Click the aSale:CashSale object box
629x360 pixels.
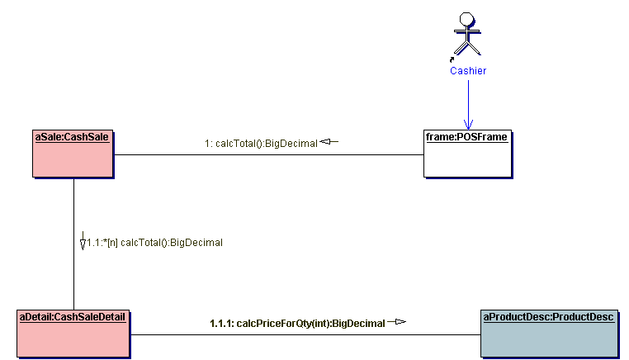coord(73,158)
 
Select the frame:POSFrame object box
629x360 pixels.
coord(466,158)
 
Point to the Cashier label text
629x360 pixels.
coord(468,71)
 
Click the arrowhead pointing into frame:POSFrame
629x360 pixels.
coord(468,124)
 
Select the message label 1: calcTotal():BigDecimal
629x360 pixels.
coord(261,144)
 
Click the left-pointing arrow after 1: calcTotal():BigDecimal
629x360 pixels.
coord(329,142)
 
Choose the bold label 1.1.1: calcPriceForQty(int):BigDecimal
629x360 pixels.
coord(297,323)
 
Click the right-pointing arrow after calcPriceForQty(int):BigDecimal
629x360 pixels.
coord(397,322)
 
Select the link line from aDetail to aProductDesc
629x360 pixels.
coord(305,334)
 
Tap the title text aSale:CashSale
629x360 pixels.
coord(72,136)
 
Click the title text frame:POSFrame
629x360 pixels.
coord(466,136)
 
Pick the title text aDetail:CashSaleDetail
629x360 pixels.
coord(72,316)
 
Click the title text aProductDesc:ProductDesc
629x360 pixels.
coord(548,316)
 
